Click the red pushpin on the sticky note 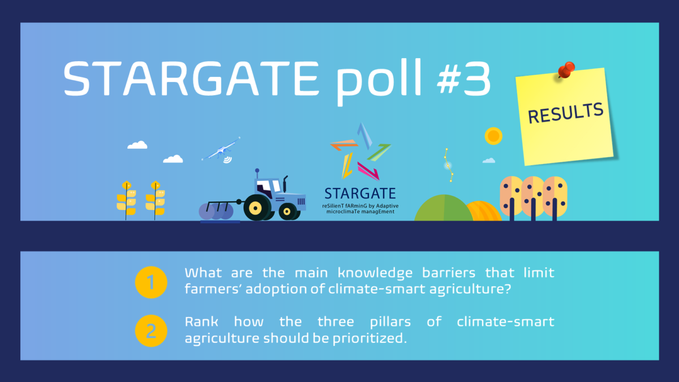pos(566,70)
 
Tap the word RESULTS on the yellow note pos(565,113)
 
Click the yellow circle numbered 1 pos(151,282)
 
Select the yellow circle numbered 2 pos(151,331)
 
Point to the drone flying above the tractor pos(221,150)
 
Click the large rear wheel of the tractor pos(256,208)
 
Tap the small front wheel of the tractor pos(287,211)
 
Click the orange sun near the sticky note pos(493,136)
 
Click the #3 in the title pos(464,78)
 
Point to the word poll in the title pos(379,82)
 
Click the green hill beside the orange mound pos(444,209)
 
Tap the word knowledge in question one pos(375,273)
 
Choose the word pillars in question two pos(390,321)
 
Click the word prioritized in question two pos(369,338)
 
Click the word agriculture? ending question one pos(470,289)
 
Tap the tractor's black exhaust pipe pos(285,183)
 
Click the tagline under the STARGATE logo pos(360,209)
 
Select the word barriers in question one pos(449,273)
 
